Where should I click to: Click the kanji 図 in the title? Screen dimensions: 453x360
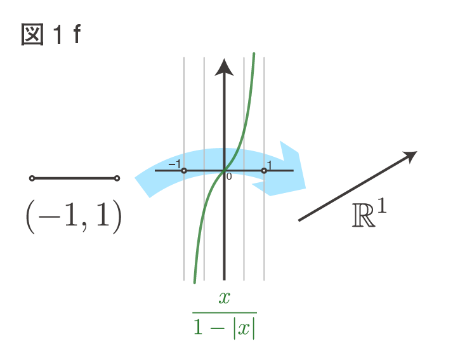(32, 34)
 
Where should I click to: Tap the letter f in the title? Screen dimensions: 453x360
(77, 34)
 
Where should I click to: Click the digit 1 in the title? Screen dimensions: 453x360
(58, 34)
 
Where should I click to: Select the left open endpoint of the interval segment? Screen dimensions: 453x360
(32, 178)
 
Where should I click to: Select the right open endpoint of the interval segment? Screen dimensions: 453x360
(117, 178)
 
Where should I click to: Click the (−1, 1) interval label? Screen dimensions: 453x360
(74, 217)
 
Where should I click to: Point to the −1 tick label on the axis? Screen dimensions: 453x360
(174, 164)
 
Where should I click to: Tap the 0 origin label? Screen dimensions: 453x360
(229, 177)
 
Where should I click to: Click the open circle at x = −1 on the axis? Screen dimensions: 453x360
(184, 171)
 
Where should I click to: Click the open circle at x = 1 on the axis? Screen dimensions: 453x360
(264, 171)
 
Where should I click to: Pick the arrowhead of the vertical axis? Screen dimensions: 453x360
(224, 67)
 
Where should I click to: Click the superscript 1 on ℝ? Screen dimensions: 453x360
(382, 205)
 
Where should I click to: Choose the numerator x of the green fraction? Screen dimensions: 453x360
(225, 298)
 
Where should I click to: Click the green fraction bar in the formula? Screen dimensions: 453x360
(225, 312)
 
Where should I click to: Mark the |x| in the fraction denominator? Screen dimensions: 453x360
(244, 328)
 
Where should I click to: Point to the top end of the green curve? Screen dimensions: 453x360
(254, 53)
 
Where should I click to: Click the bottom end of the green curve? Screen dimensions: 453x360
(194, 282)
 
